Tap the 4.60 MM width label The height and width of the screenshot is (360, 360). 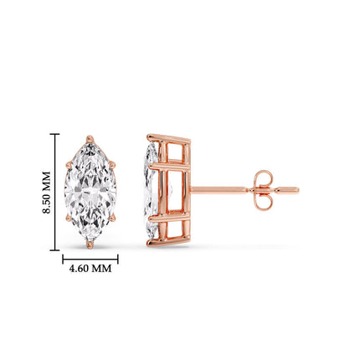pos(90,269)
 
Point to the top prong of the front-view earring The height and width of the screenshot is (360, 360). pos(90,136)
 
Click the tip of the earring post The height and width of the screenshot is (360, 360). pos(296,190)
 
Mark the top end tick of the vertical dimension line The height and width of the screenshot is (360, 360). pos(55,134)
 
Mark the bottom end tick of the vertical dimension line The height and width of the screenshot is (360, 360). pos(55,249)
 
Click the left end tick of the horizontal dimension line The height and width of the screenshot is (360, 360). pos(64,258)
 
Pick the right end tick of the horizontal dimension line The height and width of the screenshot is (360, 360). pos(117,258)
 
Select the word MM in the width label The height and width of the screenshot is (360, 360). pos(101,269)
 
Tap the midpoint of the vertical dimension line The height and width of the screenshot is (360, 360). pos(55,192)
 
